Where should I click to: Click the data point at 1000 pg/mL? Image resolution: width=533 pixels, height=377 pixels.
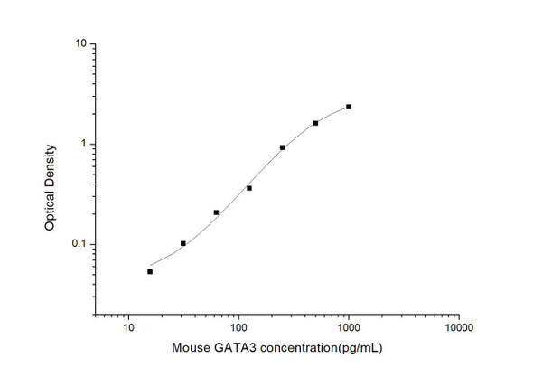349,107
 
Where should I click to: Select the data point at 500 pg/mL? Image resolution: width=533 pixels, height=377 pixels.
315,123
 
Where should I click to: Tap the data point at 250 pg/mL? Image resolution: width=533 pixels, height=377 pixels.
283,147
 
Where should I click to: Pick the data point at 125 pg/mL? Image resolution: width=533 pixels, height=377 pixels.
249,188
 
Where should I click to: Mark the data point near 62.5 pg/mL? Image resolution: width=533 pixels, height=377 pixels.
216,212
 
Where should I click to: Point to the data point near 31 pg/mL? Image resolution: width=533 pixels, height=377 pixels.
183,243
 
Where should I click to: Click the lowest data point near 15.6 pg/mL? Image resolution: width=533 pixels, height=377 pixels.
150,271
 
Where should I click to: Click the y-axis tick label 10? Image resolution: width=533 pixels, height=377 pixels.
80,43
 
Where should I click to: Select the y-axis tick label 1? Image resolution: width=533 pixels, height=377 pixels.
83,144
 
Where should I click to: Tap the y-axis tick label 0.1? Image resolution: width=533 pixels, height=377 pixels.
79,244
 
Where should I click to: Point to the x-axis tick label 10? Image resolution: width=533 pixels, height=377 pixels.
128,327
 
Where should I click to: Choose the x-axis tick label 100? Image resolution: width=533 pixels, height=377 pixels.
238,327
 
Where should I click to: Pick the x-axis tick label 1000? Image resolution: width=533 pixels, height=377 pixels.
349,327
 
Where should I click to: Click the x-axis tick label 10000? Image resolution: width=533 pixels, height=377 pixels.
458,327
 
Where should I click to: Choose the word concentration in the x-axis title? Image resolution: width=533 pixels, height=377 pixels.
291,348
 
